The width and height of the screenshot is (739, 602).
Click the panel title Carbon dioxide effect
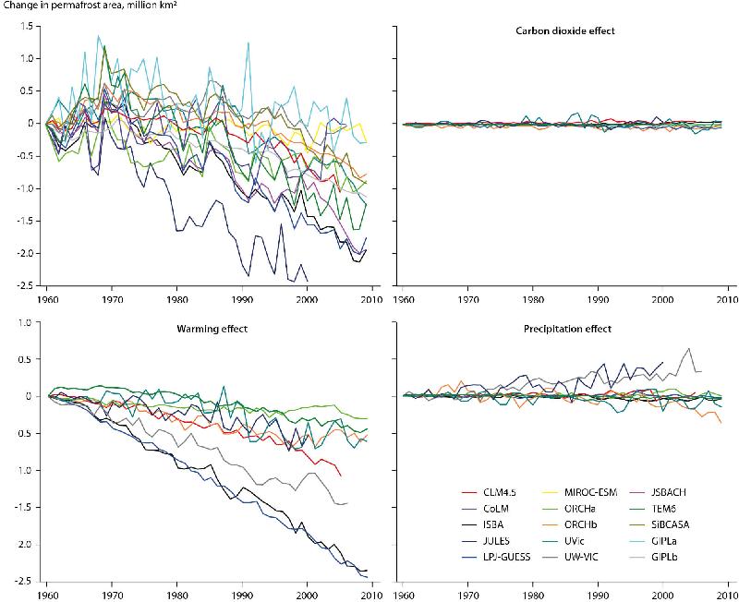coord(565,31)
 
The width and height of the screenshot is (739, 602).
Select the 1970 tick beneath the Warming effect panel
coord(112,596)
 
